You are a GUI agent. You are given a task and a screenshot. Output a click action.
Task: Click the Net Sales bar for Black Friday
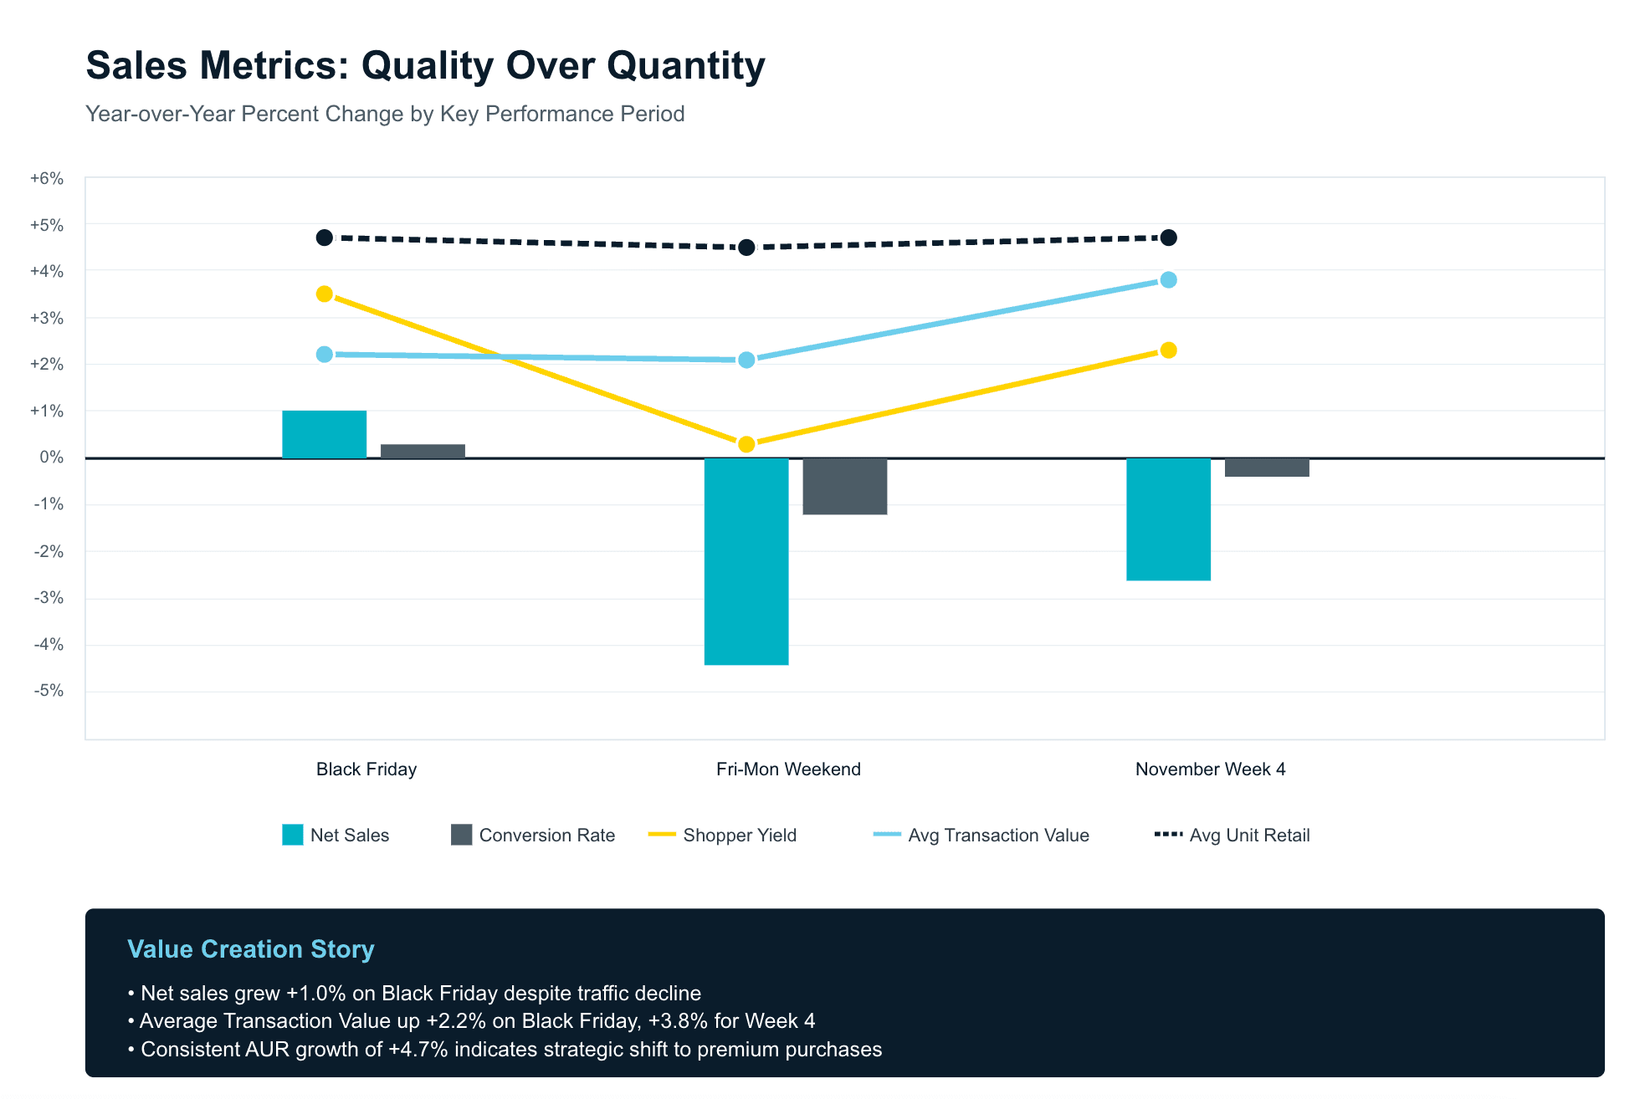coord(324,434)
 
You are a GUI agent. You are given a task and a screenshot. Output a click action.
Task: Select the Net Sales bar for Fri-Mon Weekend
coord(746,561)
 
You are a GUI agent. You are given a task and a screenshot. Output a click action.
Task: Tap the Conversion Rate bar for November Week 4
coord(1267,468)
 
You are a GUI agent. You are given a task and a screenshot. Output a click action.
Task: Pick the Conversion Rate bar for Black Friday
coord(423,451)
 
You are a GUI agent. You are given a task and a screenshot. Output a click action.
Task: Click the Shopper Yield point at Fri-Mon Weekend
coord(746,444)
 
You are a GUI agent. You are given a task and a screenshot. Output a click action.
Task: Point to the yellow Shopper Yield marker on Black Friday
coord(325,294)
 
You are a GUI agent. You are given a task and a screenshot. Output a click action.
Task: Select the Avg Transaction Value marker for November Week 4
coord(1169,280)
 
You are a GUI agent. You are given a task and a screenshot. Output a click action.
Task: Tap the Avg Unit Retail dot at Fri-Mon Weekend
coord(746,248)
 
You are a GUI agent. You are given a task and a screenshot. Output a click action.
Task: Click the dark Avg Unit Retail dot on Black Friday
coord(325,238)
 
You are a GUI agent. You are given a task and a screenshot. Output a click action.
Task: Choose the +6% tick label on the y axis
coord(47,178)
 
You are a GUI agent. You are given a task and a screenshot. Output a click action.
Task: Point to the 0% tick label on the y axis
coord(51,457)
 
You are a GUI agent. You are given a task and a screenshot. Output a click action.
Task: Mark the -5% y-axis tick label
coord(49,691)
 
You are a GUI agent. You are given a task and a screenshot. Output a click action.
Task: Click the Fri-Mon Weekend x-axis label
coord(788,769)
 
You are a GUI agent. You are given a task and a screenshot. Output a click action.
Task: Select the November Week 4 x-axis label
coord(1210,769)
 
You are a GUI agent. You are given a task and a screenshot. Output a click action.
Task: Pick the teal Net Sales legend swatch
coord(293,835)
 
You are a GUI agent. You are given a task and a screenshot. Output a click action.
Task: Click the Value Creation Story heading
coord(251,949)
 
